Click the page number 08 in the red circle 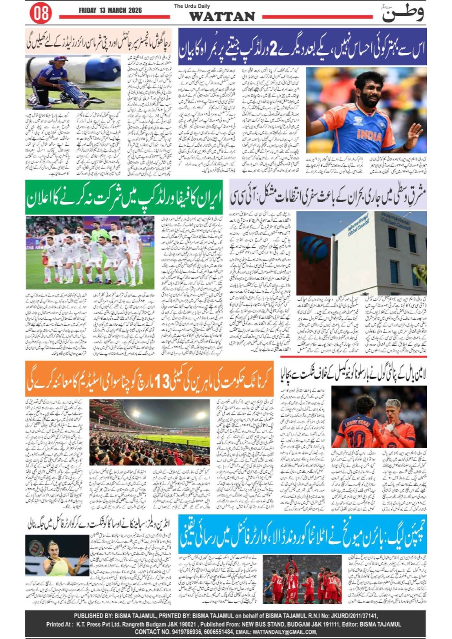pyautogui.click(x=41, y=13)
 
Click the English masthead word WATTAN pyautogui.click(x=222, y=16)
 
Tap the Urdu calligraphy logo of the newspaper pyautogui.click(x=402, y=13)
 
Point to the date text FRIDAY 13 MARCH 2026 pyautogui.click(x=110, y=10)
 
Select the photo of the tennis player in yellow pyautogui.click(x=57, y=555)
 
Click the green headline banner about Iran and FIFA pyautogui.click(x=123, y=197)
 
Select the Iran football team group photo pyautogui.click(x=90, y=252)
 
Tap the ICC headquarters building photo pyautogui.click(x=361, y=253)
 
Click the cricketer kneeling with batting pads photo pyautogui.click(x=73, y=82)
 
